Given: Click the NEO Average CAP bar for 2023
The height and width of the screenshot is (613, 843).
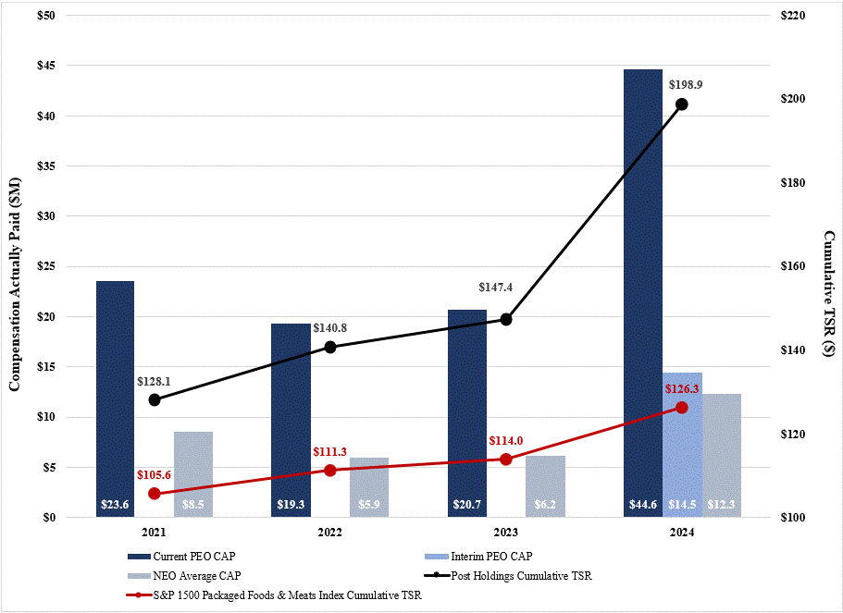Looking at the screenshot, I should pos(544,481).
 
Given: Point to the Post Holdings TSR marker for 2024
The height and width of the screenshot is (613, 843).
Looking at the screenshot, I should pos(682,104).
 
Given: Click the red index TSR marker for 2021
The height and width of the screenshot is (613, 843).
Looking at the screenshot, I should pos(155,494).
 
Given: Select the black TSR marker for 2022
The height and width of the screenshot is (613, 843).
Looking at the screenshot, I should pos(330,347).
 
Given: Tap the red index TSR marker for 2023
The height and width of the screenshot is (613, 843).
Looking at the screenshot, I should pos(506,459).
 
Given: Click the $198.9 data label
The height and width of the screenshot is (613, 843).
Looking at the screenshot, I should pos(686,85).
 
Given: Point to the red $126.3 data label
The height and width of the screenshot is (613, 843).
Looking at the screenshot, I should pos(684,389).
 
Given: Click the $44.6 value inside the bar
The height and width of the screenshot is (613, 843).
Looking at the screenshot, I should pos(642,505).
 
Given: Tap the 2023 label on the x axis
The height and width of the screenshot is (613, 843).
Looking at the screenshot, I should pos(505,533).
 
